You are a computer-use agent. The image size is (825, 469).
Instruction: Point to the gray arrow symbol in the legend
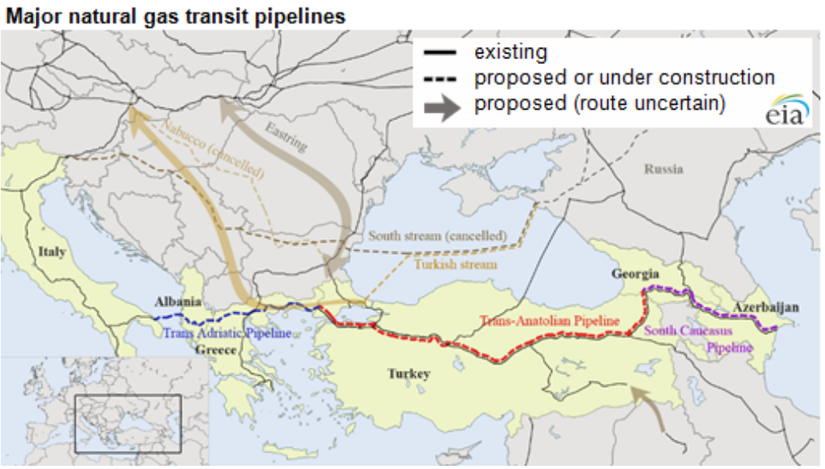pyautogui.click(x=442, y=105)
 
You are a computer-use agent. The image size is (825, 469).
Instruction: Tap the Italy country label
pyautogui.click(x=51, y=252)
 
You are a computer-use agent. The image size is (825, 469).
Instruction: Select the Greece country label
pyautogui.click(x=215, y=351)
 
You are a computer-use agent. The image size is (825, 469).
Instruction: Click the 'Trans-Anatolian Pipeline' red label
pyautogui.click(x=549, y=322)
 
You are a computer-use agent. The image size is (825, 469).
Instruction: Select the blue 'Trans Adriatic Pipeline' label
pyautogui.click(x=227, y=333)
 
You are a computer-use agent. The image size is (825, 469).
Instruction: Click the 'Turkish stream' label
pyautogui.click(x=456, y=265)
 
